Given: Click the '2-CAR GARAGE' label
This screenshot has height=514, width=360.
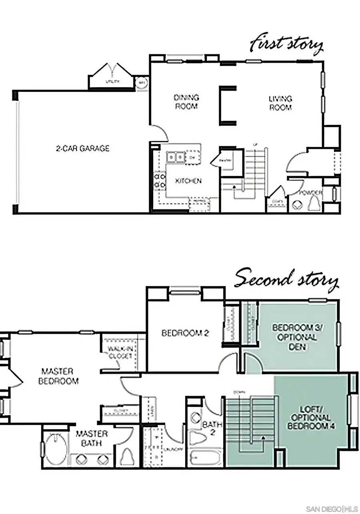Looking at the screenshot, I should coord(82,148).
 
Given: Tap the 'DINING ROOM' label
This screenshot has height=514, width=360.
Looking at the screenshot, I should coord(186,102).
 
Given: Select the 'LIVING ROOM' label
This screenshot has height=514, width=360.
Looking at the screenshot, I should coord(280,103).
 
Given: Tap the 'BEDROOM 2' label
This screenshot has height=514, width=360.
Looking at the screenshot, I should coord(185,333).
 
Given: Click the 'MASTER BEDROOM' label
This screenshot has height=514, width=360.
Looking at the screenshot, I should coord(58,376).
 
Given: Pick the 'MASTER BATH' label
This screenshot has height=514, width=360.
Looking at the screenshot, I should coord(92,438).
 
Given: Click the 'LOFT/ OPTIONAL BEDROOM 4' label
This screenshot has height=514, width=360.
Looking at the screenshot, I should coord(311,418).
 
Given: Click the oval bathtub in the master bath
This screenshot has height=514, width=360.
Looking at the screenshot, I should coord(55,450).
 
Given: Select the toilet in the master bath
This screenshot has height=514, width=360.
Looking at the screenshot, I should coord(127,456).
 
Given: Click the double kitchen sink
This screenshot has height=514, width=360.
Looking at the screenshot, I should coord(175,157).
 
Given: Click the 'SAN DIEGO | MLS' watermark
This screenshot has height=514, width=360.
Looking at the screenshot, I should coord(332,506).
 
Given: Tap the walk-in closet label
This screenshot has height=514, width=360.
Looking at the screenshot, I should coord(120,352).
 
